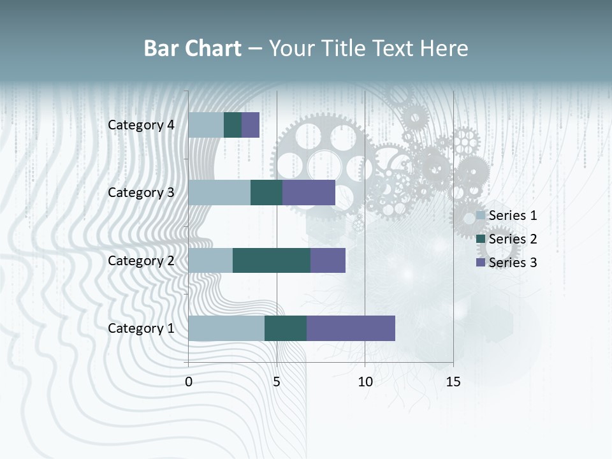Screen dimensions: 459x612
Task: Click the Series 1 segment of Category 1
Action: [226, 328]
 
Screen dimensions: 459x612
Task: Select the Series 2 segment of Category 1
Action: [286, 328]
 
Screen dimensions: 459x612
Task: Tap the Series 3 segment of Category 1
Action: [351, 328]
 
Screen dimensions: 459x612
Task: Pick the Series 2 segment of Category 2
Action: [272, 261]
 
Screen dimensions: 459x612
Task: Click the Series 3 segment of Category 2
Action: [328, 261]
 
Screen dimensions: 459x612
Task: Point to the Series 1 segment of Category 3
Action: [219, 193]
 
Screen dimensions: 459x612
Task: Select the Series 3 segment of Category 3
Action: [309, 193]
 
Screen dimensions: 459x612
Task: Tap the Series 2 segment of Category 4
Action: [233, 125]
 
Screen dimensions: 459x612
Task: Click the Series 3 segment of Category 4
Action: [251, 125]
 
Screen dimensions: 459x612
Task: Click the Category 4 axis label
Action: [141, 125]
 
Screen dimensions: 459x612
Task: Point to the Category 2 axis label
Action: [141, 261]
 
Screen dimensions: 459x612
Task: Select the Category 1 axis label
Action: [141, 328]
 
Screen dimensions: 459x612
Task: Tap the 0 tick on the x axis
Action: [189, 382]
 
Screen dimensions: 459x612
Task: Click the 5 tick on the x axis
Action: [277, 382]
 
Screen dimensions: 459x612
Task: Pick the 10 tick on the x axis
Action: [365, 382]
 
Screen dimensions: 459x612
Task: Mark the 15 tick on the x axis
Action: [453, 382]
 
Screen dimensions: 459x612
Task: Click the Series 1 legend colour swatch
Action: [480, 215]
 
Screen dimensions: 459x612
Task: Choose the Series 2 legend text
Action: [513, 239]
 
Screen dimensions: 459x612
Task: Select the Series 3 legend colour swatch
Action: [480, 263]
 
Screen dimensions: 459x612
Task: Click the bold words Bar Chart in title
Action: [193, 48]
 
